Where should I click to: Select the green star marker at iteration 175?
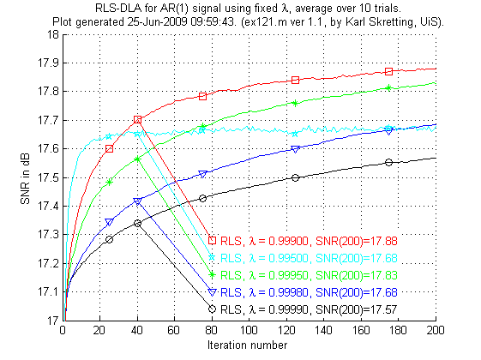click(389, 87)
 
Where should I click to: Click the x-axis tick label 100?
click(250, 330)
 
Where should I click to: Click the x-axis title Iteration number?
click(250, 343)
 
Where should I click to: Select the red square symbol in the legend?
click(212, 240)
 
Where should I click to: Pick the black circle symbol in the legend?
click(212, 309)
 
